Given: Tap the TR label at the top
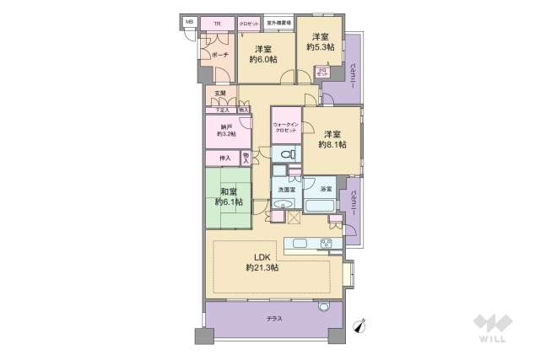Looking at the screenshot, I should click(218, 24).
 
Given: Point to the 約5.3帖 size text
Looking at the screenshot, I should click(320, 48).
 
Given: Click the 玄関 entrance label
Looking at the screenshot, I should click(219, 93).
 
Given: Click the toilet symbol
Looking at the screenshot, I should click(287, 154).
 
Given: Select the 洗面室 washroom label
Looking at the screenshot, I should click(285, 191).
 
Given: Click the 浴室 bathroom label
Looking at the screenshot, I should click(324, 191).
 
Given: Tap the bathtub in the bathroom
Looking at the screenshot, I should click(321, 206).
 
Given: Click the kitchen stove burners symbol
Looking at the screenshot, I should click(327, 244).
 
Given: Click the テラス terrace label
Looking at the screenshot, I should click(275, 319).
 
